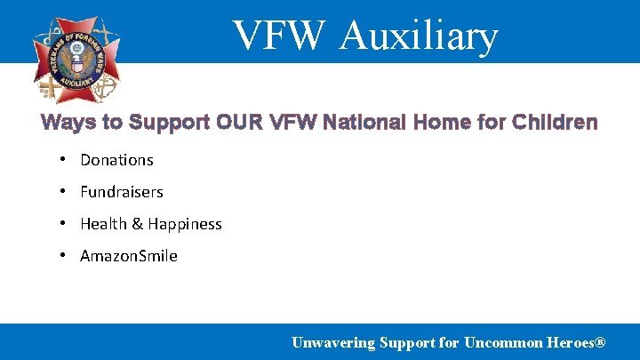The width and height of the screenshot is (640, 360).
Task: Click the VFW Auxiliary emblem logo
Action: tap(76, 59)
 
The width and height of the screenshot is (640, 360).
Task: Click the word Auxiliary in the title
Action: tap(419, 36)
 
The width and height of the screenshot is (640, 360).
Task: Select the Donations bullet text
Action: tap(116, 160)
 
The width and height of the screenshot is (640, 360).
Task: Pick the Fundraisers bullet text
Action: tap(122, 192)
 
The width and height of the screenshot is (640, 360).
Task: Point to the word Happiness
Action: tap(185, 224)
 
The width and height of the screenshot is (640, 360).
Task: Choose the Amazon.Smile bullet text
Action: tap(129, 256)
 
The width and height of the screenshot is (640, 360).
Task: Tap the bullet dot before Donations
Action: tap(64, 159)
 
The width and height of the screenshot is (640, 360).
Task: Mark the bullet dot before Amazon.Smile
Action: tap(64, 255)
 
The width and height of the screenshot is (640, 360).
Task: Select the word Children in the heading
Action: tap(556, 123)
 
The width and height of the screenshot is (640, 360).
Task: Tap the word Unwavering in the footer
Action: tap(333, 342)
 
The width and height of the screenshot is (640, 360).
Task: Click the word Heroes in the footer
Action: tap(568, 342)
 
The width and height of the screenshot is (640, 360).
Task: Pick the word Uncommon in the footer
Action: tap(505, 342)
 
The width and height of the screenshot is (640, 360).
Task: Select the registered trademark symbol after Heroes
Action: tap(601, 342)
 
